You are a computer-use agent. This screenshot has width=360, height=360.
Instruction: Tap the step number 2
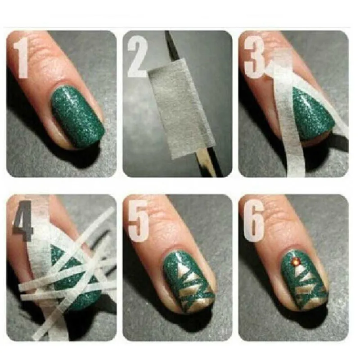137,57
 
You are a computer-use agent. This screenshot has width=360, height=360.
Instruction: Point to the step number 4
23,221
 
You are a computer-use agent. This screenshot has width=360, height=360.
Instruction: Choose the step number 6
253,221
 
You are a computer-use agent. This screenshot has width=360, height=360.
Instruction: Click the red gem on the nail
295,261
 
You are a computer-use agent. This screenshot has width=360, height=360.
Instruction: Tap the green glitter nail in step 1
77,117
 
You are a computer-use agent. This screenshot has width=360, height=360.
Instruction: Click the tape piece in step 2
181,108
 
